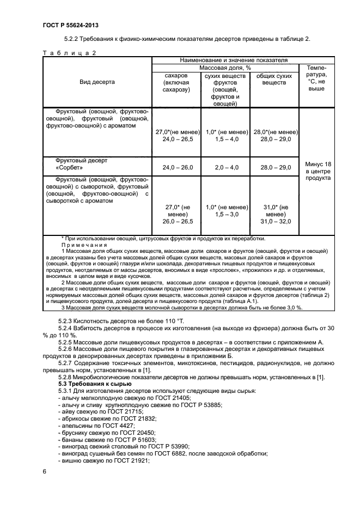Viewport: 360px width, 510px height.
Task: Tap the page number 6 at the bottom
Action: point(44,470)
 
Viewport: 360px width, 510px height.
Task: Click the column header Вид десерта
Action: point(97,82)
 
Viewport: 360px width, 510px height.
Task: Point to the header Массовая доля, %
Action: point(224,68)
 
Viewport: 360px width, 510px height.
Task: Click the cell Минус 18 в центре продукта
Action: point(318,171)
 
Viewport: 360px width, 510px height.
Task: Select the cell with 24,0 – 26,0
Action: point(175,168)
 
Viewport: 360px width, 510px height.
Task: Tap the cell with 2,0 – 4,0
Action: point(225,168)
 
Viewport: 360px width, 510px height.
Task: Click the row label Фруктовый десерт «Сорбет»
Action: point(82,165)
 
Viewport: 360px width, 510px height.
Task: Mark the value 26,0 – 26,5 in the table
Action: point(175,221)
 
